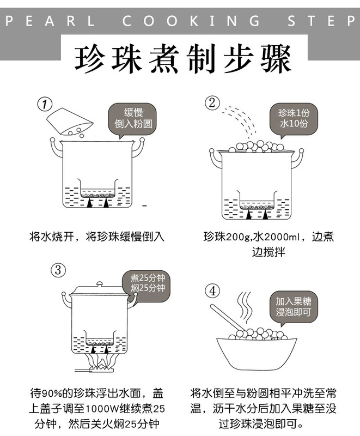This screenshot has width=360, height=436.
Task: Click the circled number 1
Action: (44, 103)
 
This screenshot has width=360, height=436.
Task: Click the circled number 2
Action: (212, 102)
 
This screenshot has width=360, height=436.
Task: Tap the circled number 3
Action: (59, 269)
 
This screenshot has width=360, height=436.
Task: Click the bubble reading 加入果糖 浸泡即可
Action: (293, 306)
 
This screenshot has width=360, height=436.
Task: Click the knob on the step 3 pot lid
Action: (99, 284)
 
